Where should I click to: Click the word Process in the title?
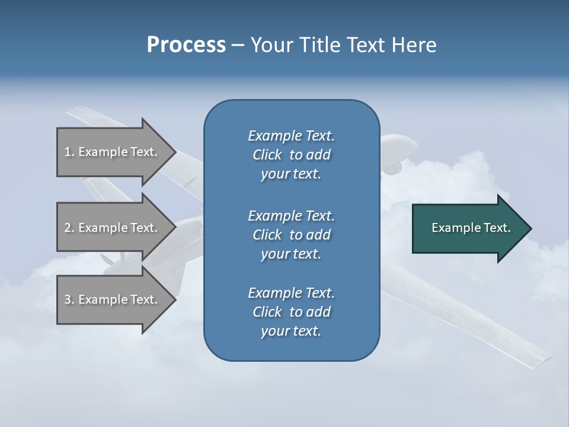pyautogui.click(x=186, y=45)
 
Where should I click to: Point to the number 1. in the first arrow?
pyautogui.click(x=69, y=152)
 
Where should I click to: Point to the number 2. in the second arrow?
pyautogui.click(x=69, y=228)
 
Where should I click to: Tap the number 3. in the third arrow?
pyautogui.click(x=69, y=299)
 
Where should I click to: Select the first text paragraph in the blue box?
pyautogui.click(x=291, y=155)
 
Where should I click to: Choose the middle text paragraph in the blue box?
pyautogui.click(x=291, y=235)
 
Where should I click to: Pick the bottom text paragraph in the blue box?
pyautogui.click(x=291, y=312)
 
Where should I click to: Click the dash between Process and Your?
pyautogui.click(x=238, y=45)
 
